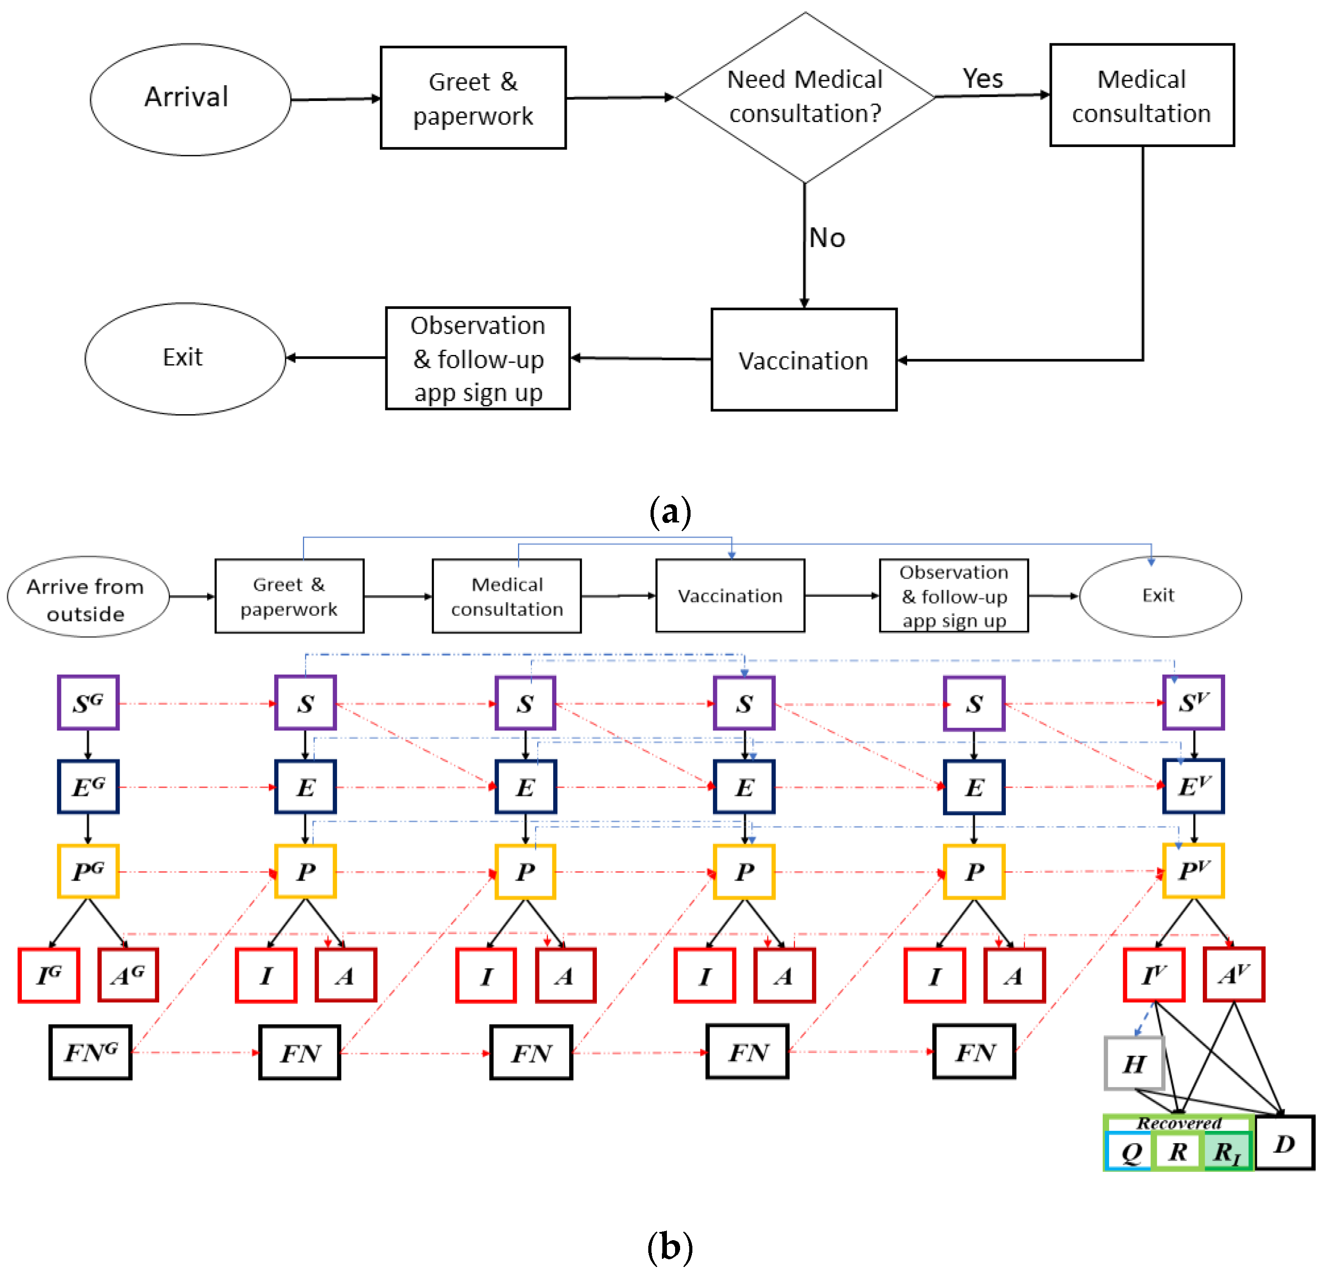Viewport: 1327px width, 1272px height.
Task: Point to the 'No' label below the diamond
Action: click(827, 238)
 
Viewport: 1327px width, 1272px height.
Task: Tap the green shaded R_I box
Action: click(1227, 1151)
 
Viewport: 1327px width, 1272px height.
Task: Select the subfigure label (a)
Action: click(670, 512)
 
